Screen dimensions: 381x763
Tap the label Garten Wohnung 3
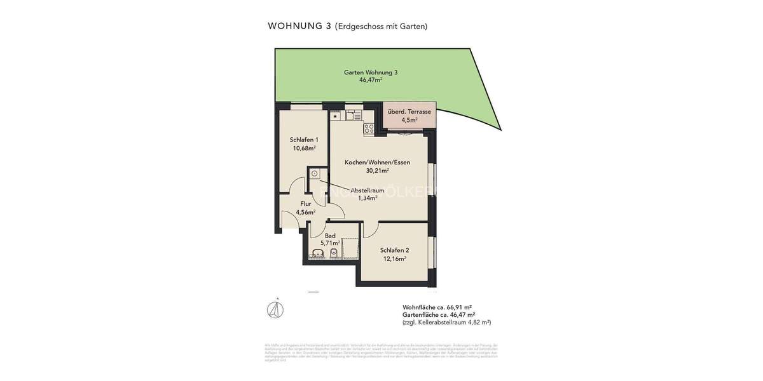(371, 72)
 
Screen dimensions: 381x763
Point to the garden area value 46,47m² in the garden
(371, 81)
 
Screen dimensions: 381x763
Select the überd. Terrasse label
(409, 112)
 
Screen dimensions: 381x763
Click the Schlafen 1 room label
(304, 140)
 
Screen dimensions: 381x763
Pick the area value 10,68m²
(304, 148)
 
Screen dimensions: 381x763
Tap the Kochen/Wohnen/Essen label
(377, 163)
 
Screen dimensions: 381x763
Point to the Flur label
(306, 204)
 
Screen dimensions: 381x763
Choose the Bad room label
(330, 236)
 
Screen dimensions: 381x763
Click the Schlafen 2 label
(394, 250)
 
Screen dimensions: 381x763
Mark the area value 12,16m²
(394, 258)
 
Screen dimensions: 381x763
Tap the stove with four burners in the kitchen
(369, 129)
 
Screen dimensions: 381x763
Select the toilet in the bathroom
(334, 253)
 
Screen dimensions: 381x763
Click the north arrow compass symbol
(275, 309)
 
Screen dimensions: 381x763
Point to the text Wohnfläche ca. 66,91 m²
(437, 307)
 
